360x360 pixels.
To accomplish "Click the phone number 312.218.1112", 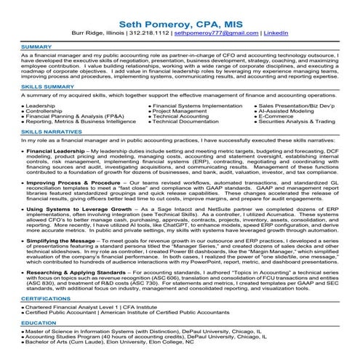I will click(156, 33).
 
